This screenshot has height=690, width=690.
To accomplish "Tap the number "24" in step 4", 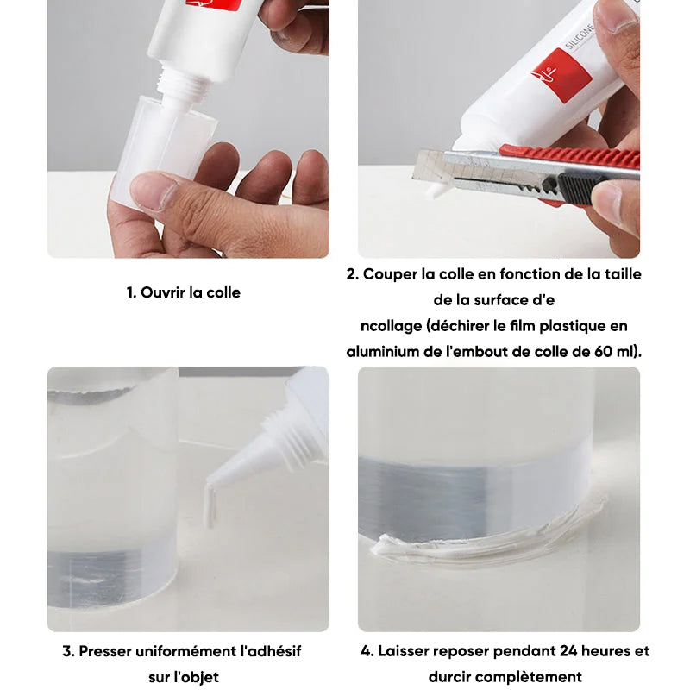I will click(549, 651).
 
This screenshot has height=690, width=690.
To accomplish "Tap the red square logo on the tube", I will click(561, 75).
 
